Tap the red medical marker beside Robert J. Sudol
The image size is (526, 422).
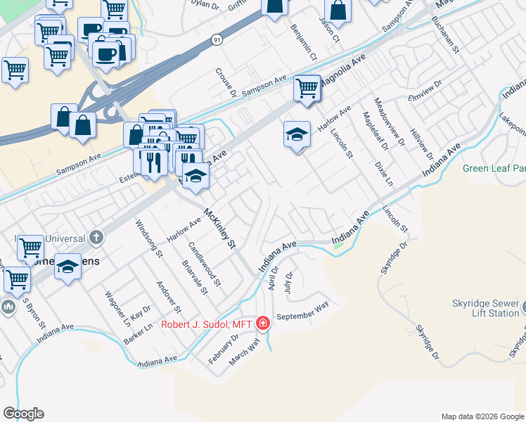coord(263,324)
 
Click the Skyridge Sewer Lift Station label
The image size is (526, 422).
coord(484,308)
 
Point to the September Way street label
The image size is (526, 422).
coord(302,311)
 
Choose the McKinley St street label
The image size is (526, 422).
coord(219,228)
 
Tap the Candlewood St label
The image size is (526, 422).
coord(205,263)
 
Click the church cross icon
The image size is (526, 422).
coord(96,237)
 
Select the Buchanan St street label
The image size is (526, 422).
coord(446,35)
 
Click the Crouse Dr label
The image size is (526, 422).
coord(226,83)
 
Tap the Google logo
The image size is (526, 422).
coord(23,414)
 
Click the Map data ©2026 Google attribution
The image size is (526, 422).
coord(482,416)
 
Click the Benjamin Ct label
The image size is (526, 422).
coord(304,41)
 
